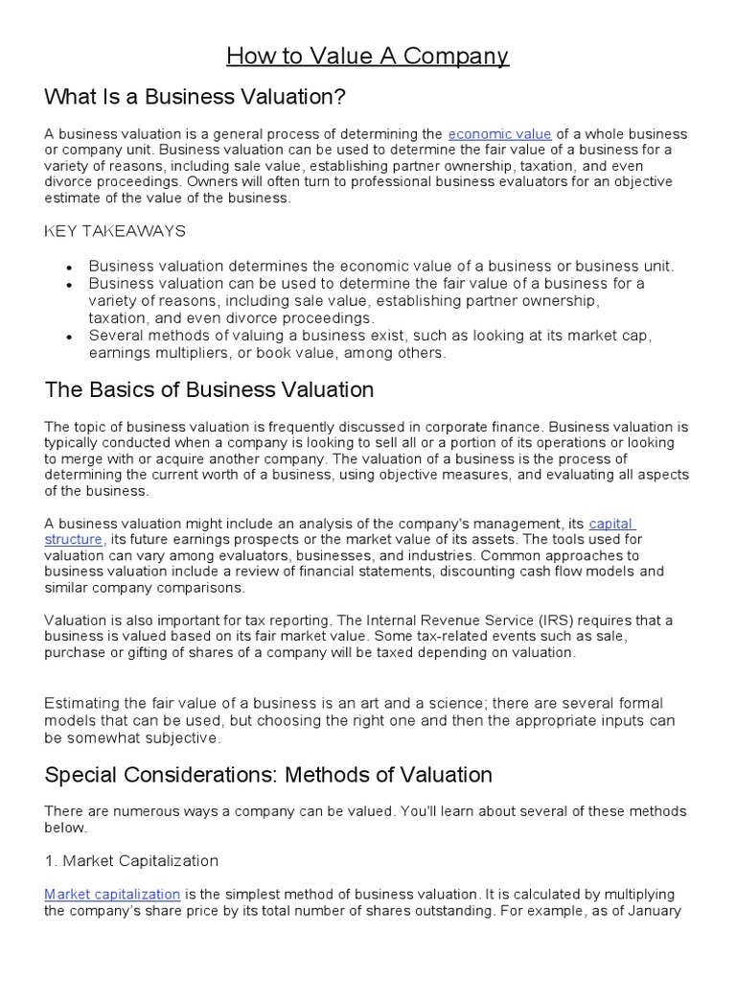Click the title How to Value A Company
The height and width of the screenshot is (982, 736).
[367, 57]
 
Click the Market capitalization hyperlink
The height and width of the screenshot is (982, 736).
[112, 894]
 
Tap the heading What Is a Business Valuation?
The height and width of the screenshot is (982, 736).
[195, 97]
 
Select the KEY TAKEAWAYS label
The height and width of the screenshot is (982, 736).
[115, 231]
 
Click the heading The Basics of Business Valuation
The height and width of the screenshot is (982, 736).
[209, 389]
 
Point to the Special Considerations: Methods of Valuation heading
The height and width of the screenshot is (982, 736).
[268, 774]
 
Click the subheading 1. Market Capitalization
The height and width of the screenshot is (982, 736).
[131, 860]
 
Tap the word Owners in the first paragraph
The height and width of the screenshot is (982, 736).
[213, 181]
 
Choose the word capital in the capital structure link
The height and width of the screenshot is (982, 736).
[610, 523]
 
